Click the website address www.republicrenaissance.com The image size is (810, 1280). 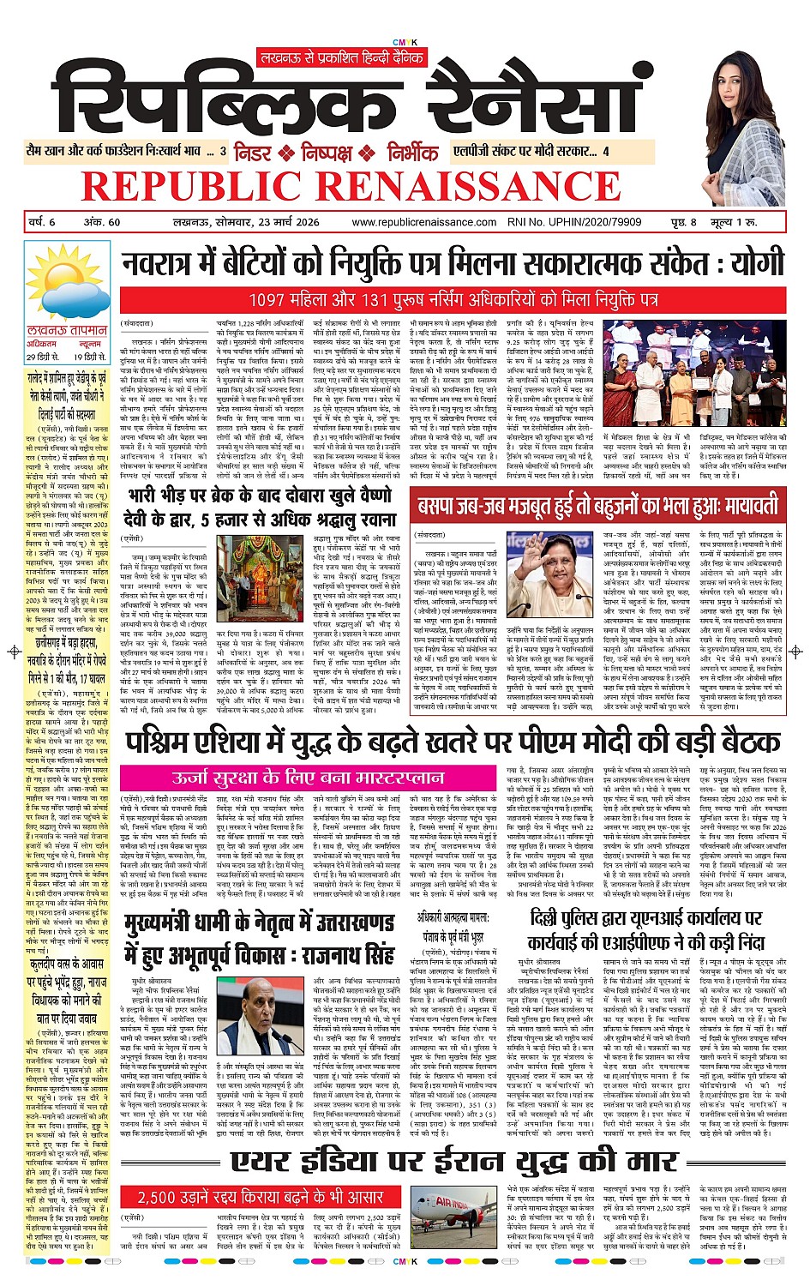[x=423, y=222]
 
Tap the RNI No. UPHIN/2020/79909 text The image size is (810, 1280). [x=561, y=222]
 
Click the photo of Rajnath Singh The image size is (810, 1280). [x=264, y=1020]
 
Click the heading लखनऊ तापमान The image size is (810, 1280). [x=67, y=330]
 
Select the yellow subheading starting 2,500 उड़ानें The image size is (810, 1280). [x=260, y=1197]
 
